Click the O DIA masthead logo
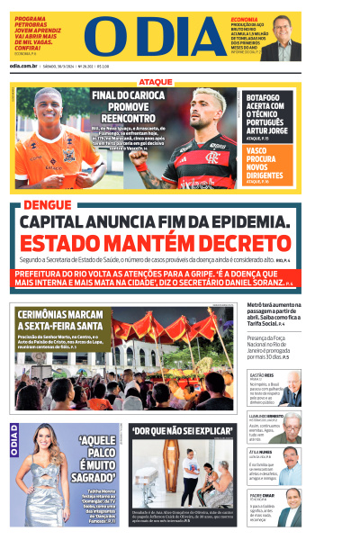[150, 36]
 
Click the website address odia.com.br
[23, 66]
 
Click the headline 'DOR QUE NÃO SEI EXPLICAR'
[182, 432]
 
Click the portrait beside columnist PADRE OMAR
[289, 508]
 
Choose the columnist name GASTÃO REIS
[261, 374]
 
